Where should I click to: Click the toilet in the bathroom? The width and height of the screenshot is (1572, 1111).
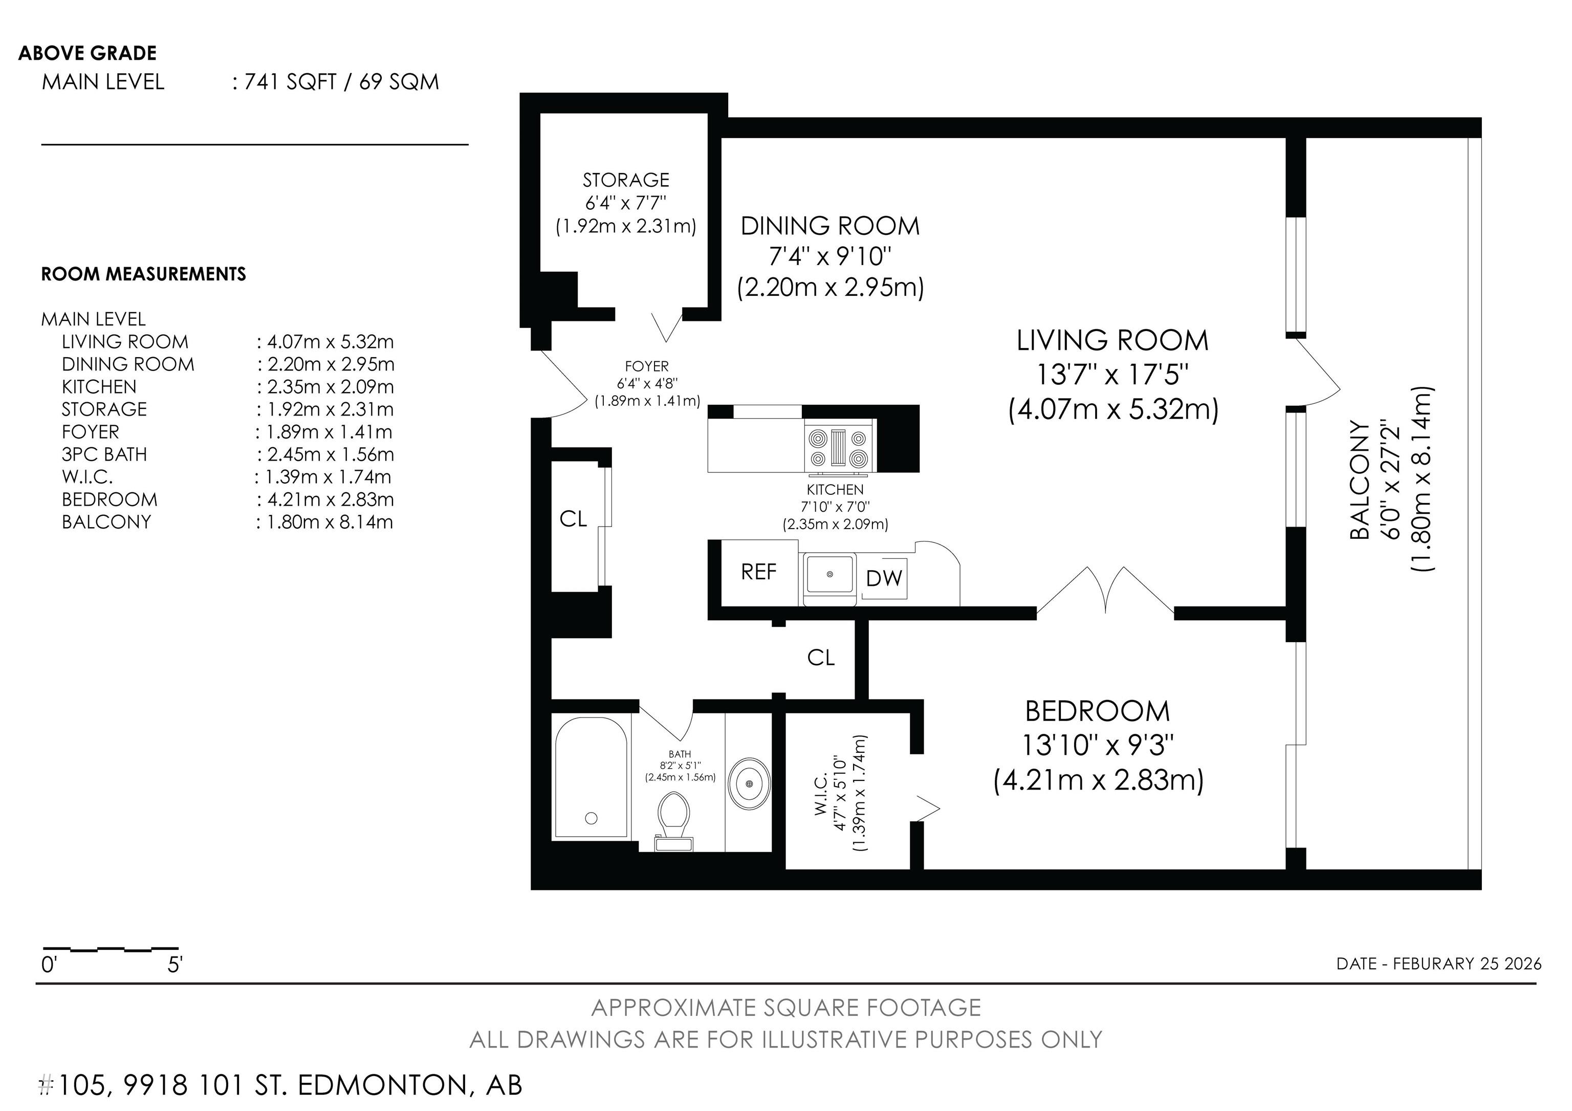(674, 821)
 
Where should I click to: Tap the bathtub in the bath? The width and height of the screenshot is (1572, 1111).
(592, 777)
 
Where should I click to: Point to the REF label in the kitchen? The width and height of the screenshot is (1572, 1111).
(758, 572)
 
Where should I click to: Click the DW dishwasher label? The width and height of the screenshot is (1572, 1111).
(884, 578)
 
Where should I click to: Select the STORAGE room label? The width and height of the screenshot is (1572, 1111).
(626, 180)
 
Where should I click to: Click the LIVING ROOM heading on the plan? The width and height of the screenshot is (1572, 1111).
(1112, 340)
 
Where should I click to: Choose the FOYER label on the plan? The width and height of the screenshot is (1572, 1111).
(646, 366)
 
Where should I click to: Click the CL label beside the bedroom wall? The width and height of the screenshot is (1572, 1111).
(821, 657)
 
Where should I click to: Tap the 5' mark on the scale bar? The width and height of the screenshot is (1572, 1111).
(174, 965)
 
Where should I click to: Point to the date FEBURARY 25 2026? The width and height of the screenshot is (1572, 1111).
(1467, 964)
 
